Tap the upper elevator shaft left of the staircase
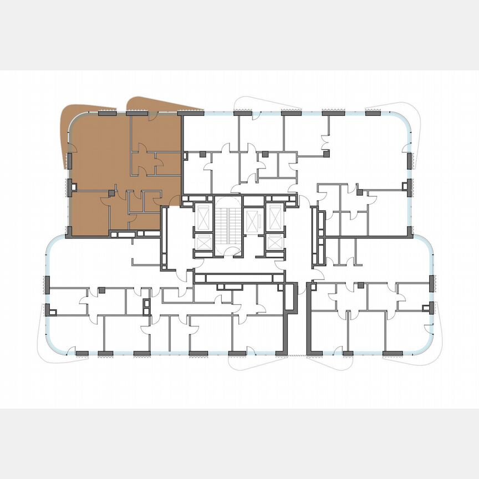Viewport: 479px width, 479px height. [x=203, y=216]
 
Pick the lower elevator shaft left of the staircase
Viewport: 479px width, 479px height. [x=203, y=242]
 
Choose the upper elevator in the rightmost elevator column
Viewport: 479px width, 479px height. [x=274, y=213]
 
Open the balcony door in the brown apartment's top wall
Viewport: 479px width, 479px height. [x=151, y=114]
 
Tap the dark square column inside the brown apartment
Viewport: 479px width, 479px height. [x=111, y=193]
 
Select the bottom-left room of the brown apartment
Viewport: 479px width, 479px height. [x=89, y=213]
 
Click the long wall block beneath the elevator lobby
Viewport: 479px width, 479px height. [x=236, y=278]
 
